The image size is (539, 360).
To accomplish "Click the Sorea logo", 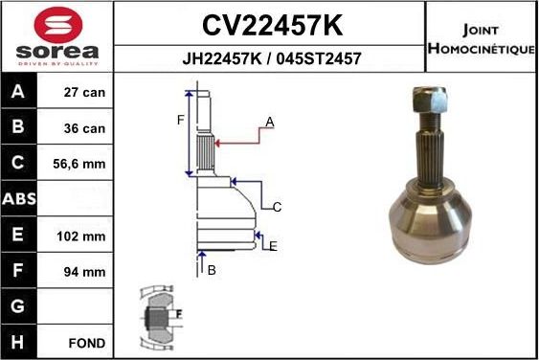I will (x=57, y=35).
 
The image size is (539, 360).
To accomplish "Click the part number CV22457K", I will (x=271, y=23).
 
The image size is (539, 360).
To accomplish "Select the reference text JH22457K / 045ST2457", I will (x=271, y=57).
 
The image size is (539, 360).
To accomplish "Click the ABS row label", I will (x=20, y=200).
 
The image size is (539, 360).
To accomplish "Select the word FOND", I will (x=87, y=342).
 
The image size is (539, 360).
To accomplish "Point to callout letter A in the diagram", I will (x=270, y=122).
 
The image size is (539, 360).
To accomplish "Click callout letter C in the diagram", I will (x=277, y=207).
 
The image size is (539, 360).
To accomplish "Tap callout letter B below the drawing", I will (x=212, y=270).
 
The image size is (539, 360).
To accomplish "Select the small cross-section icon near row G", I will (x=156, y=316).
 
